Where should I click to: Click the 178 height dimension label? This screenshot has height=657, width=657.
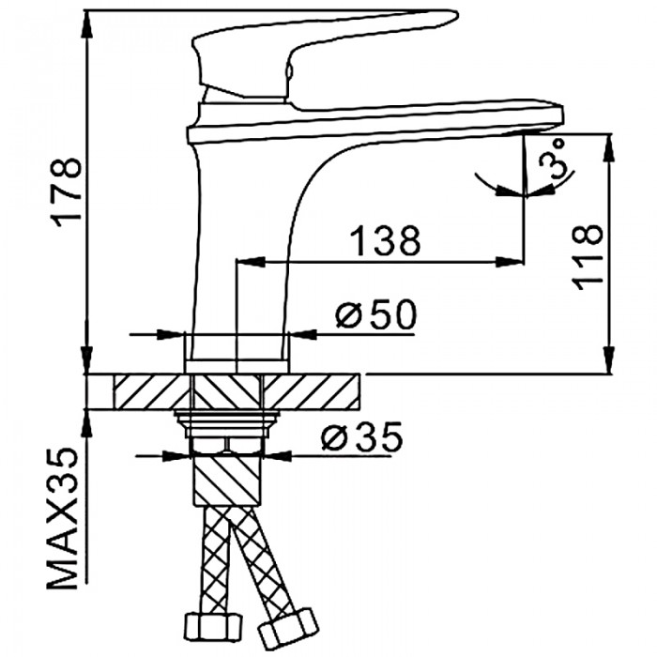tap(68, 191)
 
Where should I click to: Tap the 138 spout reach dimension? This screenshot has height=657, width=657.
tap(385, 241)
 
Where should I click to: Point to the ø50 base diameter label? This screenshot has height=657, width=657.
tap(376, 313)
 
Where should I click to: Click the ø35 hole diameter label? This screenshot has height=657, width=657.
tap(361, 435)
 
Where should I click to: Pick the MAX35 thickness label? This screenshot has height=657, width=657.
tap(62, 519)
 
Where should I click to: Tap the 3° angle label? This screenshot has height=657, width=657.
tap(552, 160)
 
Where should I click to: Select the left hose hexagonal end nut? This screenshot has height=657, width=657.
tap(214, 625)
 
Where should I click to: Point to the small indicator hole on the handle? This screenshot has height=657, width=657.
tap(288, 70)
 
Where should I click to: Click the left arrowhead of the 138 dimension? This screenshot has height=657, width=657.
tap(251, 262)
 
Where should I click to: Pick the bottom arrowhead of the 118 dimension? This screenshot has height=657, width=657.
tap(609, 359)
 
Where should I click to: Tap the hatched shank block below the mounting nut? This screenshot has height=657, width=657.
tap(226, 481)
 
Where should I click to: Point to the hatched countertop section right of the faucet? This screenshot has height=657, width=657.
tap(311, 391)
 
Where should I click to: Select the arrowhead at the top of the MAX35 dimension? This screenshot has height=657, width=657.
tap(86, 424)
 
